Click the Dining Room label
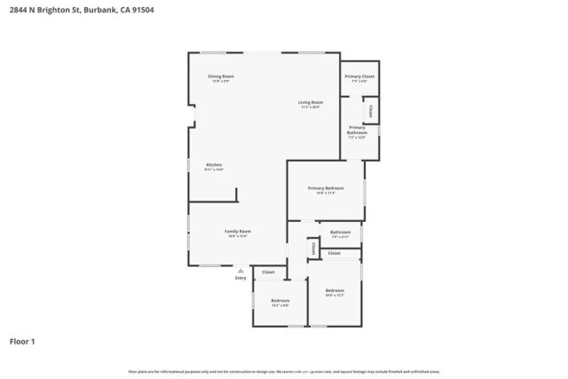tap(220, 76)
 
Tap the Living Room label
tap(310, 103)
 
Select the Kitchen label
tap(214, 165)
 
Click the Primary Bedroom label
tap(325, 188)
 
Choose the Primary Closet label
tap(359, 77)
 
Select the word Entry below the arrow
tap(241, 279)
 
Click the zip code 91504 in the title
tap(145, 11)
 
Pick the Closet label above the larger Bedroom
tap(334, 253)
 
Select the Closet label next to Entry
tap(268, 272)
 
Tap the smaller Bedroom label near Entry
tap(280, 301)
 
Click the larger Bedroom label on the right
tap(335, 291)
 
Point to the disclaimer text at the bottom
tap(283, 372)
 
